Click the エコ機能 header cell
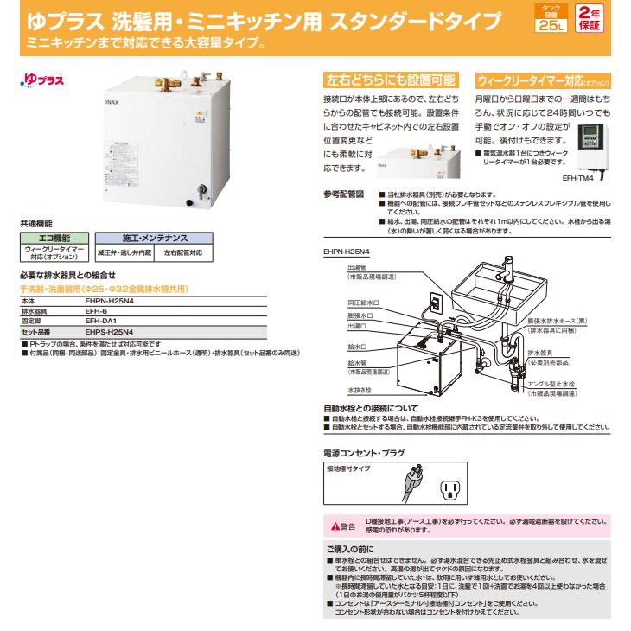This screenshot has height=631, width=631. [x=51, y=237]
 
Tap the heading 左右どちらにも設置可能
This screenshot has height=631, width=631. [x=390, y=80]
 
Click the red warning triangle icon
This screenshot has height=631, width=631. [x=329, y=526]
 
